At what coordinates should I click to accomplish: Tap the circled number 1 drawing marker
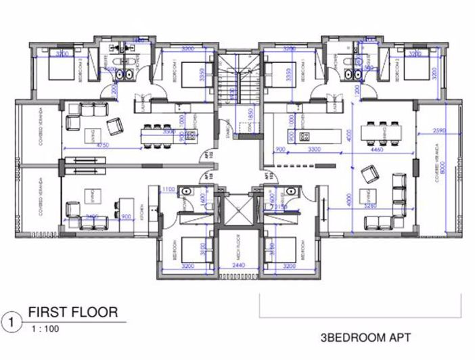click(9, 319)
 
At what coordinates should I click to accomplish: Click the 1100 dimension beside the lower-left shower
click(168, 190)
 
